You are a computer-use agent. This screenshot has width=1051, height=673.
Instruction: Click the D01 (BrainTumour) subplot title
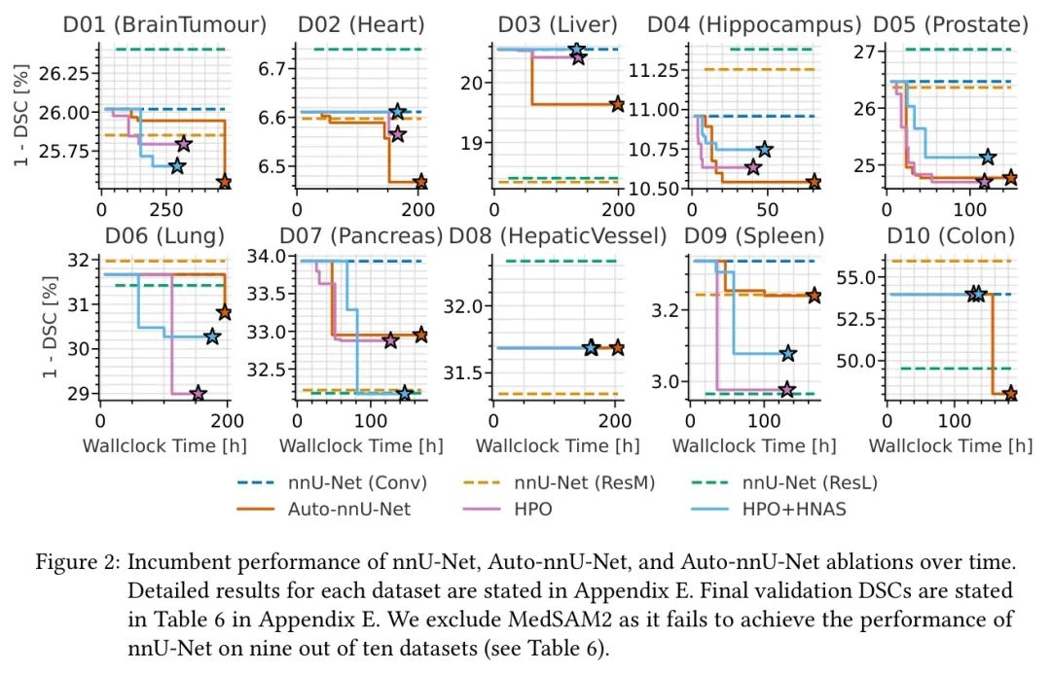(x=166, y=24)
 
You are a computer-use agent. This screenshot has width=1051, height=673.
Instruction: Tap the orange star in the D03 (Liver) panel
(x=617, y=103)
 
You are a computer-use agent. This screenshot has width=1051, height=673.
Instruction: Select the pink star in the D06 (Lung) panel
(x=198, y=394)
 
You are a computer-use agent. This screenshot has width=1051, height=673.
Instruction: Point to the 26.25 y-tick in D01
(x=65, y=73)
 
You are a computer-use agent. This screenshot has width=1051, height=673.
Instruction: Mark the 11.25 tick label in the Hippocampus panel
(x=658, y=70)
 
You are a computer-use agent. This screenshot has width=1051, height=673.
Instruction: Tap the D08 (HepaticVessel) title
(x=558, y=236)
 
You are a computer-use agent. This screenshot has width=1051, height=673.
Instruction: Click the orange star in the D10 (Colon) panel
(x=1010, y=394)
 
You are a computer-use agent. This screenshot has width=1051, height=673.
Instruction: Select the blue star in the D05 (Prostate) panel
(x=988, y=157)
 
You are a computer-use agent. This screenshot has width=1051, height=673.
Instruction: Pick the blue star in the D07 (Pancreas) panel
(x=405, y=393)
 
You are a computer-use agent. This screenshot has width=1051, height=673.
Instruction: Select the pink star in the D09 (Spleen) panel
(x=786, y=389)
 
